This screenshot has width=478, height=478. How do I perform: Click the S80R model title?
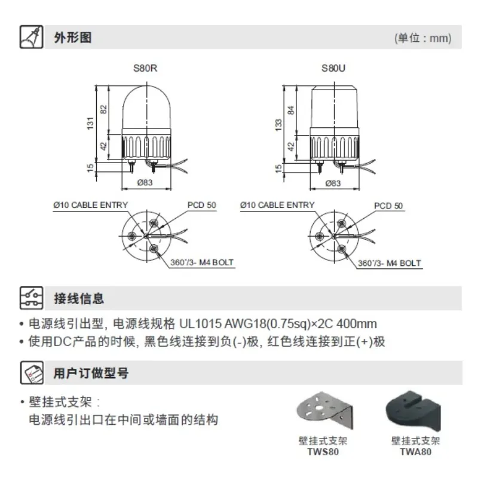(145, 68)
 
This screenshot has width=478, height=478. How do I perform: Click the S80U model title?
(333, 68)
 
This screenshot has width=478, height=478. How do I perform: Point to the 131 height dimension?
(90, 123)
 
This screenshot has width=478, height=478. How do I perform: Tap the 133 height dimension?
(278, 125)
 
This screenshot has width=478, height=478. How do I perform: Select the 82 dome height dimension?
(103, 109)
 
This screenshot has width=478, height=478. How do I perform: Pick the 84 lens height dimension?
(291, 110)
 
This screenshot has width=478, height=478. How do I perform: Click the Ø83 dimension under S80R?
(145, 182)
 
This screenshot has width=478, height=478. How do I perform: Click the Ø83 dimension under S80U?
(333, 183)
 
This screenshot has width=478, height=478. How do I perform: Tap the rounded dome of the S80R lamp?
(146, 108)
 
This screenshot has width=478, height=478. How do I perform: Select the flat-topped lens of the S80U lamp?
(334, 108)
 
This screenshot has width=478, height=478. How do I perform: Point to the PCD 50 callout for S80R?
(202, 205)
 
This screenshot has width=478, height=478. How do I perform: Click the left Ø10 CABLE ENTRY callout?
(91, 205)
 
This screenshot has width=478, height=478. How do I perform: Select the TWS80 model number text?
(323, 452)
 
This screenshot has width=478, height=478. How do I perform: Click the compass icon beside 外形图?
(32, 37)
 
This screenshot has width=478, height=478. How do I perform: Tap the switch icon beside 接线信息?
(32, 298)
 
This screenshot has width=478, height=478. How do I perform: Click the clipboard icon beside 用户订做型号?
(32, 372)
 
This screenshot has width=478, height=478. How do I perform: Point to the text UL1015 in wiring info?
(200, 323)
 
